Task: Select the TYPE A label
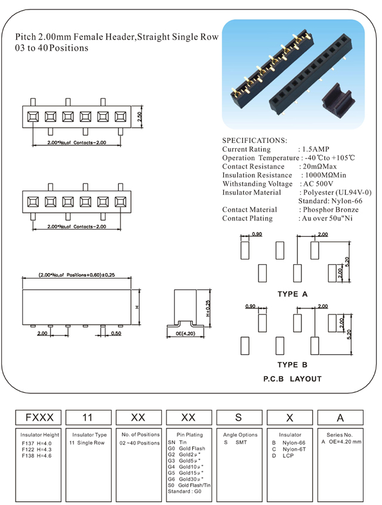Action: [x=292, y=294]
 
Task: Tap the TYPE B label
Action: [x=292, y=365]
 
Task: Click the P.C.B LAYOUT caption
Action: [x=292, y=379]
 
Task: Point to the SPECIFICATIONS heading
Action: [x=254, y=140]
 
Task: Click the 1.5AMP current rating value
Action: [x=314, y=149]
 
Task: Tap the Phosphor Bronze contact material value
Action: [x=329, y=210]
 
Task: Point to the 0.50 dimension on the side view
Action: [x=116, y=333]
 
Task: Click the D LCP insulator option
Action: [x=283, y=455]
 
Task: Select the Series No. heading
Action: [x=340, y=434]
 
